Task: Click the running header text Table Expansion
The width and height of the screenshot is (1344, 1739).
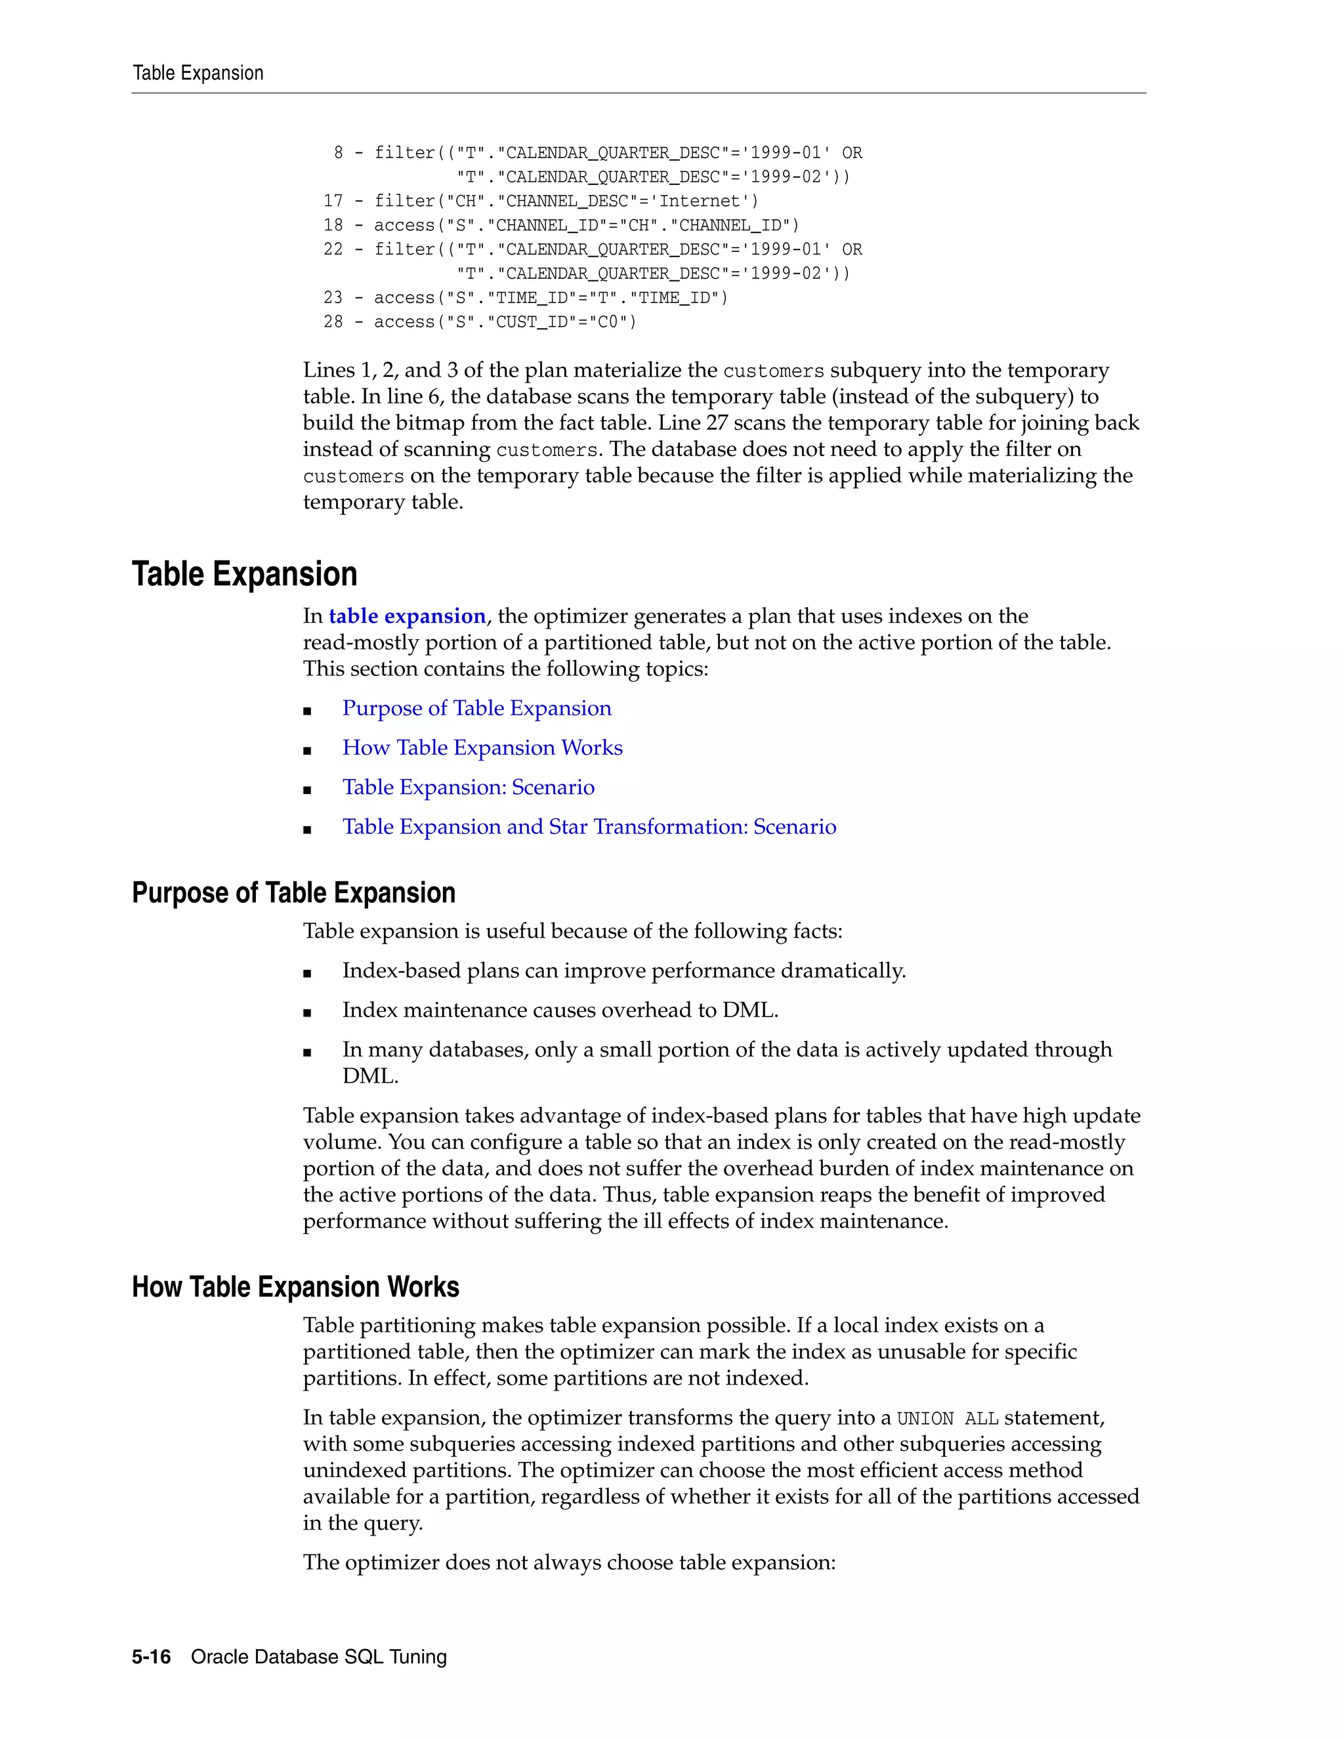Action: [198, 73]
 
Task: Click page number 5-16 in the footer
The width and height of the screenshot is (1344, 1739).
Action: [152, 1656]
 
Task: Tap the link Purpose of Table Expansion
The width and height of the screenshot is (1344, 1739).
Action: [476, 708]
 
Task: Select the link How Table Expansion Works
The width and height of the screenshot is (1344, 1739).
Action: [482, 747]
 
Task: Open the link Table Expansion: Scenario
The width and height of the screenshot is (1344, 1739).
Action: [468, 787]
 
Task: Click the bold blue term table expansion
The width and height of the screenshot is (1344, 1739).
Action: [407, 616]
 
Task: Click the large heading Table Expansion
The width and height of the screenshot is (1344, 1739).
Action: [244, 574]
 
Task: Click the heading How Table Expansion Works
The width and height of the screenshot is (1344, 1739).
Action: [295, 1287]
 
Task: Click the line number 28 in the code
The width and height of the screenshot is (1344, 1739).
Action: [333, 322]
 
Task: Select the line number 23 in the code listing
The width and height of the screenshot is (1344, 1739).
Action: [333, 298]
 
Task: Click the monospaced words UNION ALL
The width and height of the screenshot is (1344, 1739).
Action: [947, 1419]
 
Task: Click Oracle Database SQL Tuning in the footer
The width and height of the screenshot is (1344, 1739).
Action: [318, 1656]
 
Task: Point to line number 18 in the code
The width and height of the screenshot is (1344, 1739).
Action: [333, 225]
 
